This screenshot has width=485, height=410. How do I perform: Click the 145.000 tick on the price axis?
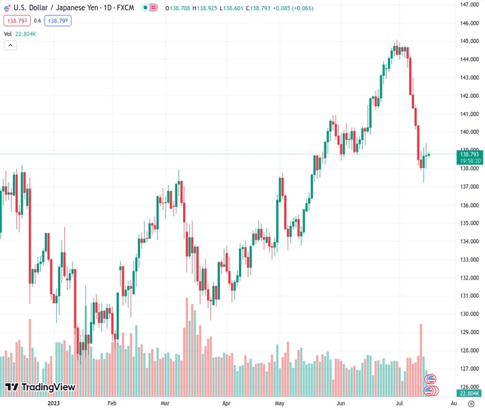click(469, 41)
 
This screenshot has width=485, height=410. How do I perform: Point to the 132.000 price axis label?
click(469, 277)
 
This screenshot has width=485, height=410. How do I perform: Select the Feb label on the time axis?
click(112, 403)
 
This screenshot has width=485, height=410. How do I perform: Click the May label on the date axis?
click(279, 403)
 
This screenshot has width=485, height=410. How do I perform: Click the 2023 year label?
click(55, 403)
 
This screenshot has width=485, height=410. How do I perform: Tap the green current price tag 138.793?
click(470, 154)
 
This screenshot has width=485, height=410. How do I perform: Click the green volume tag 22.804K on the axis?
click(470, 393)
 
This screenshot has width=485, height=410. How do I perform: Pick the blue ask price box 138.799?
click(57, 20)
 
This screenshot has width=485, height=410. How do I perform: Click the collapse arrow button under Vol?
click(10, 45)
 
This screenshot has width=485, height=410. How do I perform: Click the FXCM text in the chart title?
click(126, 7)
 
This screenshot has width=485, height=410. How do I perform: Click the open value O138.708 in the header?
click(178, 7)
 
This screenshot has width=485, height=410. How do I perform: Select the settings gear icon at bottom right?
click(471, 404)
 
